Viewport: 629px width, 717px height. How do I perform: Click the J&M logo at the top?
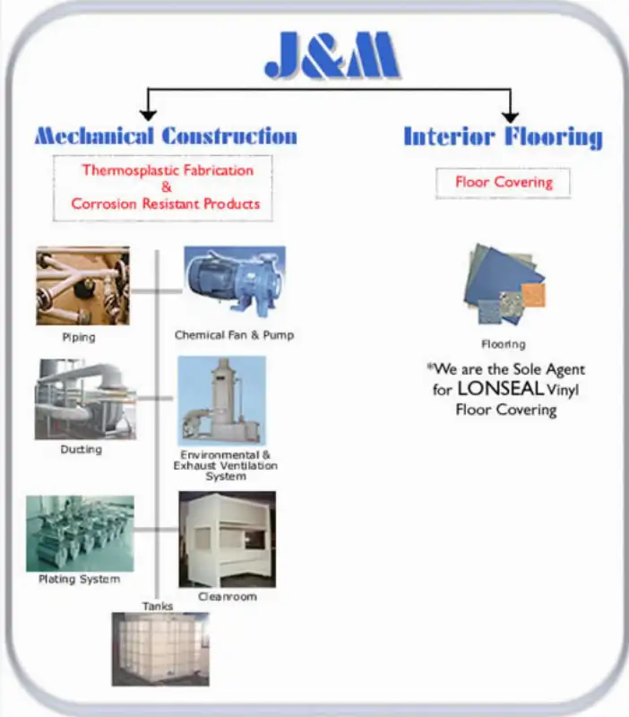tap(332, 55)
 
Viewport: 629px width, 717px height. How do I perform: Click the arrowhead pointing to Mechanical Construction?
tap(148, 116)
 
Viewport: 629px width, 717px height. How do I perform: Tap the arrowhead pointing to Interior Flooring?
tap(510, 117)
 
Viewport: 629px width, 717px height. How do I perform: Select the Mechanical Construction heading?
tap(166, 136)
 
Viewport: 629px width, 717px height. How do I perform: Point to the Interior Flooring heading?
tap(503, 137)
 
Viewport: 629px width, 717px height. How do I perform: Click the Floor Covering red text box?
tap(504, 183)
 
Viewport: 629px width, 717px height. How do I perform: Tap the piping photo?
tap(82, 286)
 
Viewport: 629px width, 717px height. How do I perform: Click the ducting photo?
tap(85, 399)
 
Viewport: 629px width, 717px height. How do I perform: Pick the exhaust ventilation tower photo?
tap(221, 401)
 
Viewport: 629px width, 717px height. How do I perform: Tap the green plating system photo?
tap(80, 533)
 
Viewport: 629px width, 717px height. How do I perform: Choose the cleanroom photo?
tap(228, 540)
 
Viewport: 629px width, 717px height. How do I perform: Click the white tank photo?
tap(160, 649)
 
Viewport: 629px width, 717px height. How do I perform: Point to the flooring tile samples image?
tap(504, 284)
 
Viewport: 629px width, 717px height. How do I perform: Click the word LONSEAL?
tap(500, 389)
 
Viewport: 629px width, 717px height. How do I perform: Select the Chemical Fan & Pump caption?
tap(234, 335)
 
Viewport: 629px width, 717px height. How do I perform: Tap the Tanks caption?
tap(158, 607)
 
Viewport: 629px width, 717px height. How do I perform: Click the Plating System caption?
tap(80, 579)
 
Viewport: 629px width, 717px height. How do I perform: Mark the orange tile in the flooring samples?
tap(533, 295)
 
